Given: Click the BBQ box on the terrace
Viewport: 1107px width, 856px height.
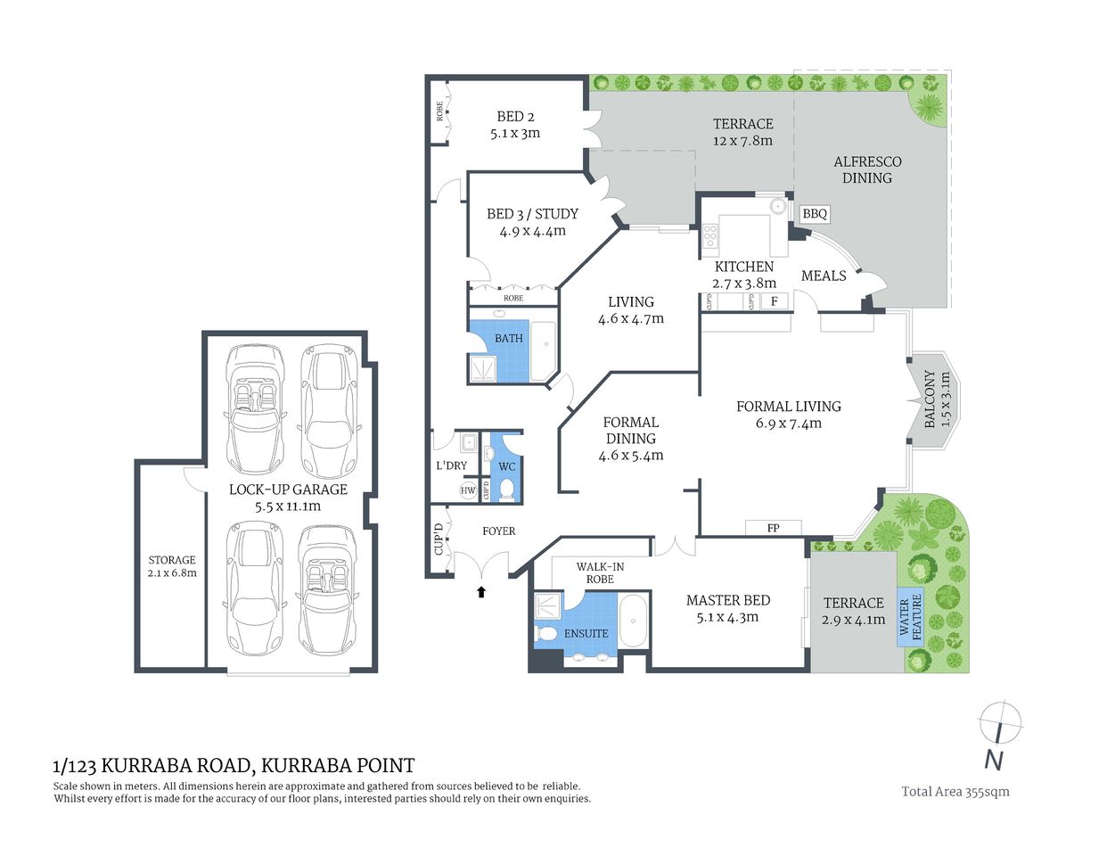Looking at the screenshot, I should point(816,214).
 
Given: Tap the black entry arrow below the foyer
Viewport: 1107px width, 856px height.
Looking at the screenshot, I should point(482,590).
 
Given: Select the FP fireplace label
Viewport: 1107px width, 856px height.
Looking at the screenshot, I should point(773,528).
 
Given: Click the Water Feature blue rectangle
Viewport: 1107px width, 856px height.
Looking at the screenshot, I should point(910,617).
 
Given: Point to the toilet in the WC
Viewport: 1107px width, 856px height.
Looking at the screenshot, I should point(506,488).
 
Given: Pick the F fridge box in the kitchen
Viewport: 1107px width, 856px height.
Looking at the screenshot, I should point(774,301).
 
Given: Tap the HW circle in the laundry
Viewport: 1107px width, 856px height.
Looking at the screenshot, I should point(468,490).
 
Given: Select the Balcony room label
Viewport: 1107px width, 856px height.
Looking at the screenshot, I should point(931,399).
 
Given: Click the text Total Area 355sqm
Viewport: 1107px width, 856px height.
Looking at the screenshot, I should point(955,791).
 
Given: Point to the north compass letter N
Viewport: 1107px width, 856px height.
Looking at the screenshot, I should point(994,761).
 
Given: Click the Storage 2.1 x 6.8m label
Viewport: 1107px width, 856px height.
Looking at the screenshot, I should point(172,566).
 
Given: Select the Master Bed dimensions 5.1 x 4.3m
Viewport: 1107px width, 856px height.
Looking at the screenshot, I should point(728,617).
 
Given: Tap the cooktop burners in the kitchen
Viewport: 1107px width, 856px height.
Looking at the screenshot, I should point(711,236).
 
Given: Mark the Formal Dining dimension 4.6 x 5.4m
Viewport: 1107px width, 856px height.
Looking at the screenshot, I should point(631,455).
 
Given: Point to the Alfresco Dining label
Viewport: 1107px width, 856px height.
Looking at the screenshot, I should point(867,169).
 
